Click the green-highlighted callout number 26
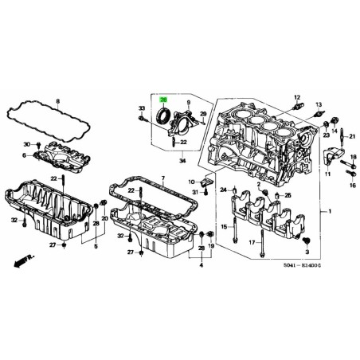click(163, 100)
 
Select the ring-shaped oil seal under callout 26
click(164, 116)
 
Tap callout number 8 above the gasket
click(57, 101)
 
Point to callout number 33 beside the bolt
click(141, 108)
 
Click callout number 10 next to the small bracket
click(193, 182)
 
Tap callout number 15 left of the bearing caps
click(224, 228)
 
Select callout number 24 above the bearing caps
click(224, 190)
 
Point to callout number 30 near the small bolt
click(26, 144)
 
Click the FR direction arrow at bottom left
click(19, 260)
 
